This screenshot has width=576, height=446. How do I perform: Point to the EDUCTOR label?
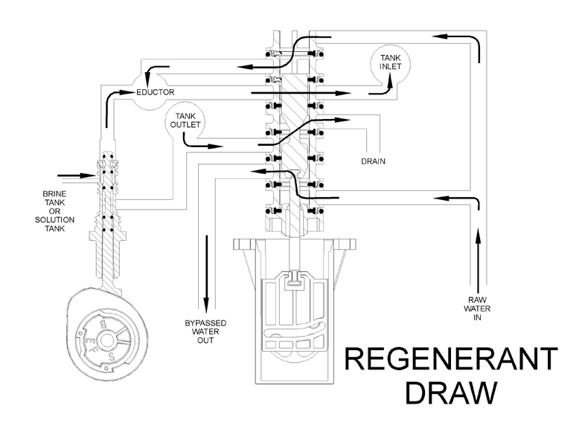(155, 92)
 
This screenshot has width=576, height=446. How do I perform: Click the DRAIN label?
(373, 160)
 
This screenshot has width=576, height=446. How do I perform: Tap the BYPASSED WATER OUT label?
(205, 331)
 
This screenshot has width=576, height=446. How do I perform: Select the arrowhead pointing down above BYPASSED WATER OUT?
(206, 304)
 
